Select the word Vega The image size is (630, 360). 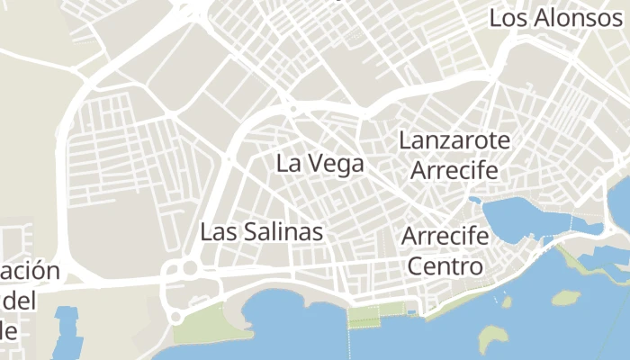pyautogui.click(x=334, y=164)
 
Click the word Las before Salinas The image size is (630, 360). pyautogui.click(x=219, y=232)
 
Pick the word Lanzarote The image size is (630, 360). pyautogui.click(x=454, y=141)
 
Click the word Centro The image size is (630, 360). pyautogui.click(x=445, y=267)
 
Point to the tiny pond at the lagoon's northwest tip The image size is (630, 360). pyautogui.click(x=474, y=200)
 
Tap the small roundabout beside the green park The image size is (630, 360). pyautogui.click(x=176, y=317)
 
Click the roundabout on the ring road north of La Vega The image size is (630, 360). pyautogui.click(x=293, y=110)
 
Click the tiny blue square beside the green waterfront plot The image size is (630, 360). pyautogui.click(x=412, y=313)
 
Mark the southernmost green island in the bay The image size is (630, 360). pyautogui.click(x=495, y=338)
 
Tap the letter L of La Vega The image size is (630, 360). pyautogui.click(x=283, y=164)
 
